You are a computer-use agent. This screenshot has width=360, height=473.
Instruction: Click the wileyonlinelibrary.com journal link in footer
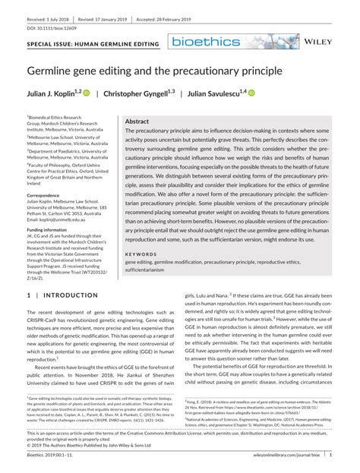291,454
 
